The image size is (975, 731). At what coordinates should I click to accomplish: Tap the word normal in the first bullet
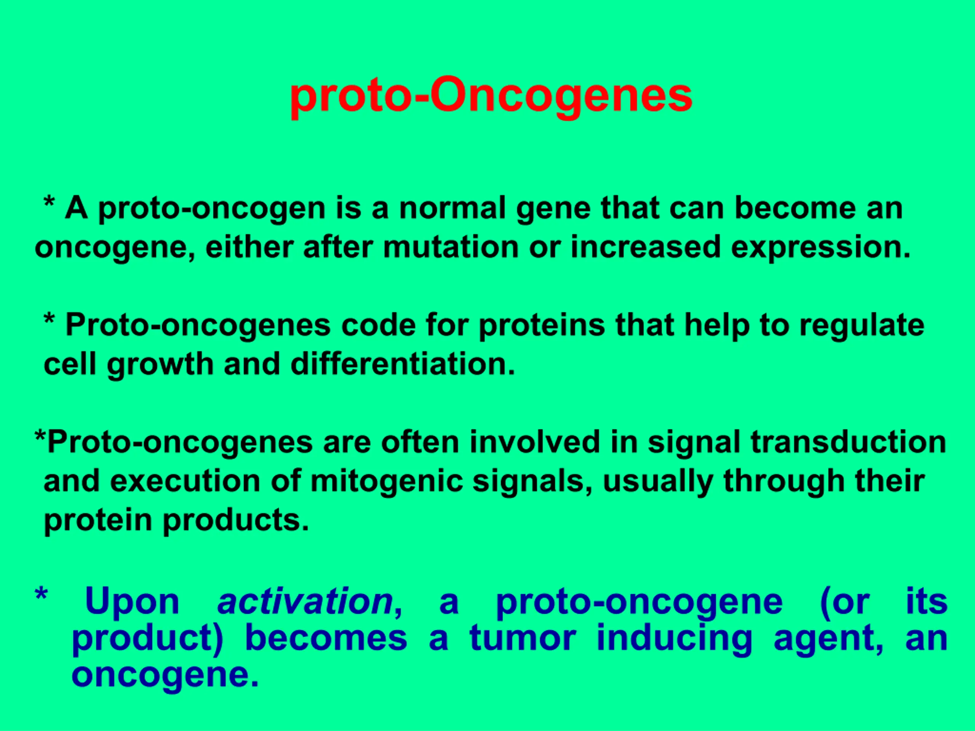[453, 208]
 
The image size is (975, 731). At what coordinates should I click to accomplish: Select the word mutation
[451, 247]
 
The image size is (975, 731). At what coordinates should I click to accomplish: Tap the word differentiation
[403, 364]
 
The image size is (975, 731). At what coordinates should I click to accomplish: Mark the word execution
[185, 481]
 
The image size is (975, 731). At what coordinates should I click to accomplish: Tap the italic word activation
[305, 601]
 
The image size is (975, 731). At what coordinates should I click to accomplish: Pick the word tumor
[523, 638]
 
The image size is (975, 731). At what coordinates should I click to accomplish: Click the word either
[249, 247]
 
